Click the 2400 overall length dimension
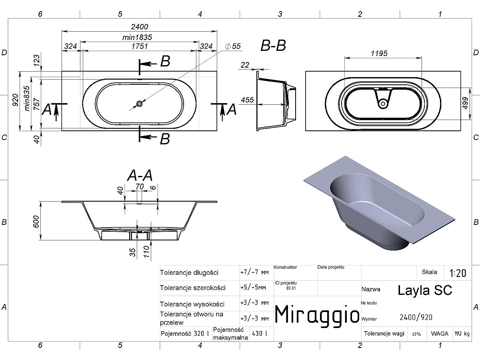point(140,27)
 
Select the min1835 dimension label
point(137,37)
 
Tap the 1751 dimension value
point(140,46)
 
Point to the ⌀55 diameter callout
point(233,46)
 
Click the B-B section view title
point(273,46)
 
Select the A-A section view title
point(140,175)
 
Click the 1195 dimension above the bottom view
point(379,53)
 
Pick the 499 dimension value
point(465,103)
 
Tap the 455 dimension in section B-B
point(247,100)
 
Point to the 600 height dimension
point(36,221)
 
